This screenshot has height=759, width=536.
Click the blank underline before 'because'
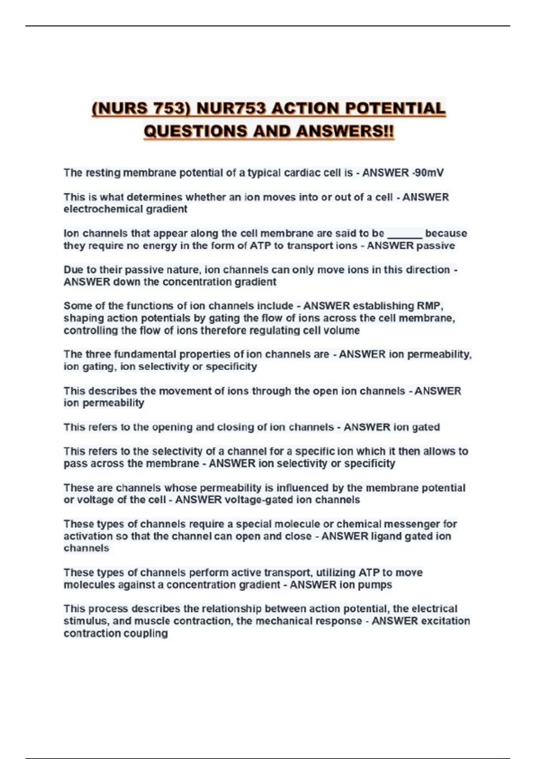[x=405, y=234]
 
